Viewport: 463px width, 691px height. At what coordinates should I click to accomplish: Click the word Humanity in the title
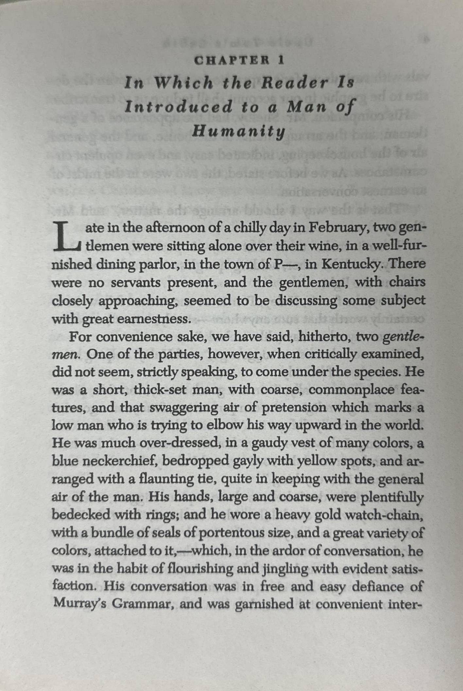[x=238, y=132]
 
